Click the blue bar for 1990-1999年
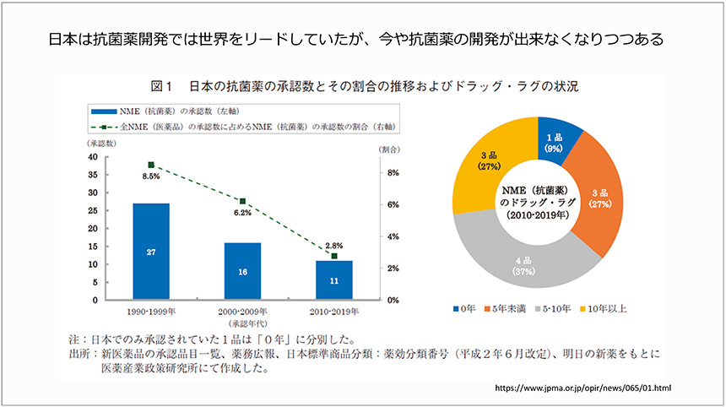click(x=151, y=251)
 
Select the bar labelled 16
click(x=242, y=271)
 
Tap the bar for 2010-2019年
click(x=333, y=280)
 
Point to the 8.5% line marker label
click(x=151, y=176)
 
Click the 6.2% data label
click(x=242, y=213)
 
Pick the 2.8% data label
click(x=333, y=244)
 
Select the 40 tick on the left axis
click(x=116, y=157)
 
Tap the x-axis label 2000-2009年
click(x=242, y=310)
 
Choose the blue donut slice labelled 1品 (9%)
click(x=554, y=143)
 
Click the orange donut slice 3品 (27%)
click(x=600, y=199)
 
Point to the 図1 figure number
click(x=160, y=86)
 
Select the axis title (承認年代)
click(x=241, y=322)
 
